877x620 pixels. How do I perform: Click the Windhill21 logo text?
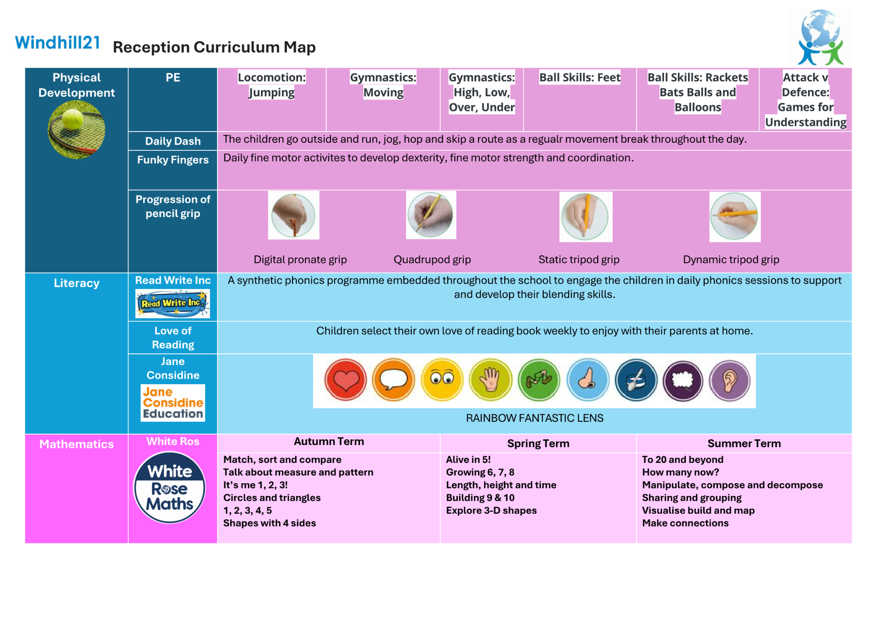click(x=57, y=43)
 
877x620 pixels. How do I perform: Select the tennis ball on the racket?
click(x=72, y=119)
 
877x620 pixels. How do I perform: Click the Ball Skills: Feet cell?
click(x=580, y=78)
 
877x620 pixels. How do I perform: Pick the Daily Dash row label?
click(x=173, y=141)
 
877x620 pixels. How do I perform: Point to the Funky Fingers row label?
click(x=173, y=160)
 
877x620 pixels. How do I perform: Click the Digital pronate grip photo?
click(x=293, y=215)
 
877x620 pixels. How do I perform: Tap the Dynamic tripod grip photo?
click(x=734, y=217)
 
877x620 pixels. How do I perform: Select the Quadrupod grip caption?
click(x=432, y=260)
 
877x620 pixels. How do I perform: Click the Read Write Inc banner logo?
click(x=172, y=303)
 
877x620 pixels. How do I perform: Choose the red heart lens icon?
click(x=346, y=380)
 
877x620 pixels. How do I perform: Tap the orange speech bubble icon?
click(x=393, y=380)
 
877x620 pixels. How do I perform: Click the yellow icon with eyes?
click(x=442, y=380)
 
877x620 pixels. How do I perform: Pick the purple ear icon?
click(x=730, y=381)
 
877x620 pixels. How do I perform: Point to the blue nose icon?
click(x=588, y=380)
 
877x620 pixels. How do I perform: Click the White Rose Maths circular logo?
click(x=170, y=487)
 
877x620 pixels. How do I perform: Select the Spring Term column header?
click(x=538, y=444)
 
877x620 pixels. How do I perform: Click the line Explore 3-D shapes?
click(x=491, y=511)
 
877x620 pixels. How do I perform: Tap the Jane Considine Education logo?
click(x=173, y=403)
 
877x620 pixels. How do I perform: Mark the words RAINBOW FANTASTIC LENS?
click(x=535, y=418)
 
